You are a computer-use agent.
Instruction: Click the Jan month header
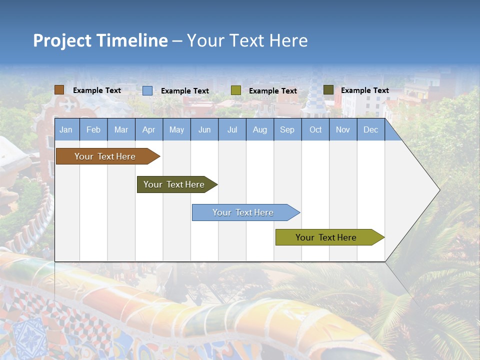[66, 130]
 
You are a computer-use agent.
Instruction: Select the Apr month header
[148, 130]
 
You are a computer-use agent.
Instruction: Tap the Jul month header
[232, 130]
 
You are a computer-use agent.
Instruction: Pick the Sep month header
[287, 130]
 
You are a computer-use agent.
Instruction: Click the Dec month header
[370, 130]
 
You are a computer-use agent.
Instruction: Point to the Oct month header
[315, 130]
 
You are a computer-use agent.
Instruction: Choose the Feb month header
[93, 130]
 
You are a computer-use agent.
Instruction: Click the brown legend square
[59, 90]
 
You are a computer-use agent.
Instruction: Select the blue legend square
[147, 90]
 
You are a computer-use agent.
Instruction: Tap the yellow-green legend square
[236, 90]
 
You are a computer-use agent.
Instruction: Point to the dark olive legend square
[328, 90]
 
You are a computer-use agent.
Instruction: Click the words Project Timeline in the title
[100, 40]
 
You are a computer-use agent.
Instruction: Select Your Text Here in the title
[247, 40]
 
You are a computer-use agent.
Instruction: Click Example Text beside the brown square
[97, 90]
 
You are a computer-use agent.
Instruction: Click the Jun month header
[204, 130]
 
